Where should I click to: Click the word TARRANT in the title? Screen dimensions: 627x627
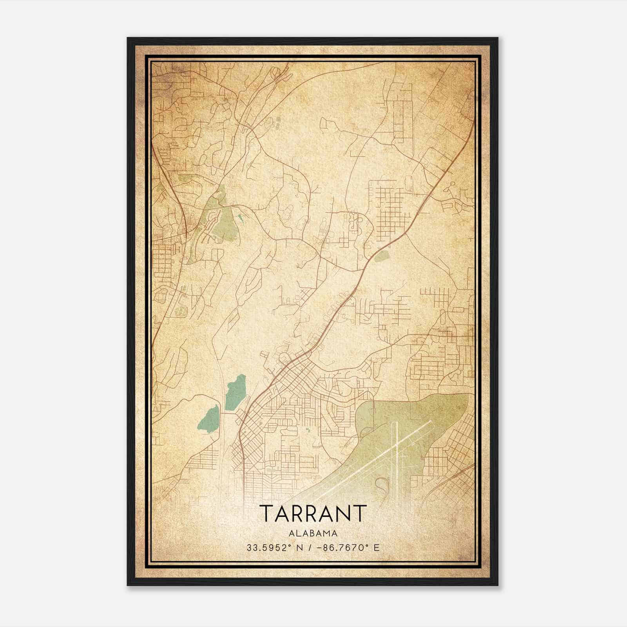pyautogui.click(x=313, y=514)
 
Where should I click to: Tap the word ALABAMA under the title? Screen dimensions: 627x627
pyautogui.click(x=313, y=533)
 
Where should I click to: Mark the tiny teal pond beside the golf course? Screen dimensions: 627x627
pyautogui.click(x=240, y=218)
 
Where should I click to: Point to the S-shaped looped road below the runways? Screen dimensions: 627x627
pyautogui.click(x=381, y=486)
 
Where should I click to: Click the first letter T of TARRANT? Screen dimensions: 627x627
pyautogui.click(x=266, y=514)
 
